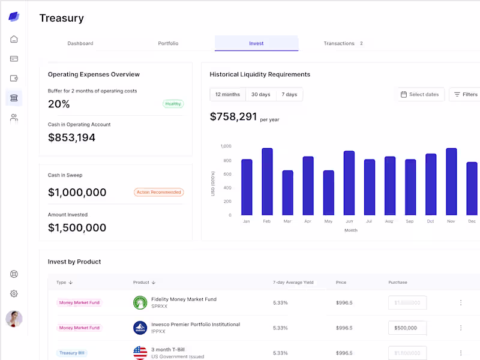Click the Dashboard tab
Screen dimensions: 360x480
[80, 43]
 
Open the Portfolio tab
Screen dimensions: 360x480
[168, 43]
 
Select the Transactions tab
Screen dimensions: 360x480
[339, 43]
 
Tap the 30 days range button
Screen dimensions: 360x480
[260, 94]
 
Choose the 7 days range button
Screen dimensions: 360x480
[289, 94]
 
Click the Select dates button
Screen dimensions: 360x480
[419, 94]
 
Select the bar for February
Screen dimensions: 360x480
[267, 182]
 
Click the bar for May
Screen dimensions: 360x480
[328, 193]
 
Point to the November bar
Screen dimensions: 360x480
[451, 182]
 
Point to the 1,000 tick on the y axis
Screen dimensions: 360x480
[226, 146]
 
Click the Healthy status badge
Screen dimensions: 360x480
[173, 104]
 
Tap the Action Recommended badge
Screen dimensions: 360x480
[158, 193]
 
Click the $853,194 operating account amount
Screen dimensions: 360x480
[71, 137]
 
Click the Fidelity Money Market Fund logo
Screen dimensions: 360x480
[140, 302]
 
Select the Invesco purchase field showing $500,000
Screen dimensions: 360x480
[407, 328]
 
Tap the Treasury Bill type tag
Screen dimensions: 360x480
[71, 353]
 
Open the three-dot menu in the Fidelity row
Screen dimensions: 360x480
[461, 302]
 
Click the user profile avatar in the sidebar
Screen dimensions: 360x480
[14, 319]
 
